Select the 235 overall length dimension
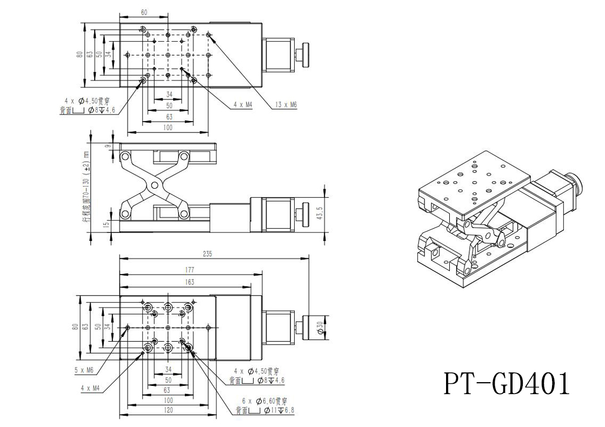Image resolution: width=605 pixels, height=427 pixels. pyautogui.click(x=208, y=253)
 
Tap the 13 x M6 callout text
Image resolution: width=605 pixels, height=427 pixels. pyautogui.click(x=286, y=106)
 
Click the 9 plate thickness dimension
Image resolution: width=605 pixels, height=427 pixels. pyautogui.click(x=108, y=145)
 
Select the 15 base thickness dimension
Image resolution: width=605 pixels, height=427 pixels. pyautogui.click(x=107, y=223)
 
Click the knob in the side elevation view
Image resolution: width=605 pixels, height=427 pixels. pyautogui.click(x=306, y=211)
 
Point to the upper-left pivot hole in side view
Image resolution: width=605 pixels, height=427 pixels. pyautogui.click(x=125, y=157)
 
